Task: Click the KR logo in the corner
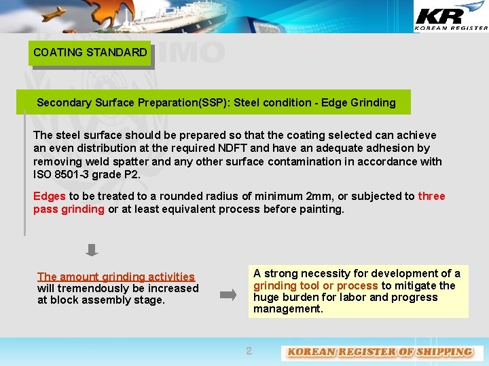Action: [x=450, y=17]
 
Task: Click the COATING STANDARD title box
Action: [x=90, y=53]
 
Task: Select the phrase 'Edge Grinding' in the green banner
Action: [x=361, y=103]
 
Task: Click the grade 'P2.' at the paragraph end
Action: [x=132, y=175]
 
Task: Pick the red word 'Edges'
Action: [x=50, y=197]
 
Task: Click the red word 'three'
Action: [x=431, y=197]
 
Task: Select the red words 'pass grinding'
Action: [x=69, y=209]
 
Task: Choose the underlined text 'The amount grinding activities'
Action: [x=116, y=277]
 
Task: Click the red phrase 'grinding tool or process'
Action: [x=316, y=286]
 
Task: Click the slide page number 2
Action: [x=249, y=351]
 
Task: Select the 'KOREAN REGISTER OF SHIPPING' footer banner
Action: [x=380, y=352]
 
